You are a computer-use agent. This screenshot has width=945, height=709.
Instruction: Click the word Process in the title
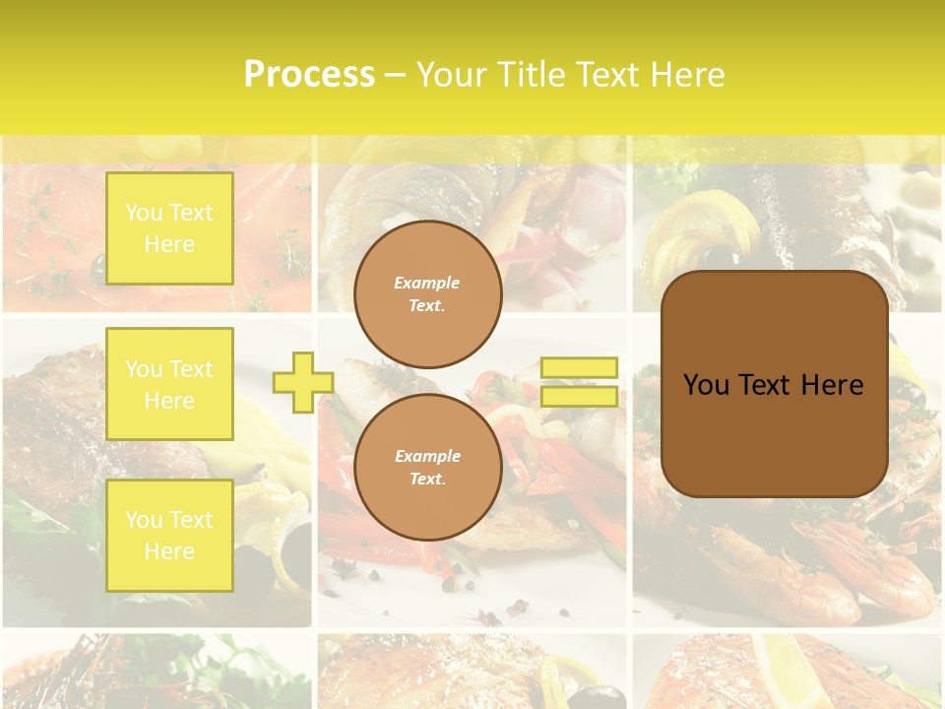[x=309, y=75]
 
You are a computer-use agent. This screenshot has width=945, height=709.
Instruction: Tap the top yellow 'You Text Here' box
[x=169, y=228]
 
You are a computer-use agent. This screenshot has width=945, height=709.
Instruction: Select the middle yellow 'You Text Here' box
[x=169, y=384]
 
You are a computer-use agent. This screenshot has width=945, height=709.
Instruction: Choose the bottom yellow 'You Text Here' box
[x=169, y=536]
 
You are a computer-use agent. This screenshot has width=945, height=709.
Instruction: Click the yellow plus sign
[x=302, y=382]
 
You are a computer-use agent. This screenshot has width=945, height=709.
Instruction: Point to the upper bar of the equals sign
[x=579, y=368]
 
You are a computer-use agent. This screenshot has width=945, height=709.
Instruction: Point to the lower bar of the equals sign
[x=579, y=396]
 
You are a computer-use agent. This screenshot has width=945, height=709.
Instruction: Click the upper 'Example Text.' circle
[x=427, y=294]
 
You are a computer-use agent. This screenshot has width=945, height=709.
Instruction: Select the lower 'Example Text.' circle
[x=427, y=468]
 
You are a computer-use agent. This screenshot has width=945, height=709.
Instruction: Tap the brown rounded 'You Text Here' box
[x=774, y=384]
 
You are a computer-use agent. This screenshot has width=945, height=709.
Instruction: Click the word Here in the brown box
[x=832, y=385]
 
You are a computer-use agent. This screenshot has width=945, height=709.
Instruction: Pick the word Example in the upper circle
[x=427, y=283]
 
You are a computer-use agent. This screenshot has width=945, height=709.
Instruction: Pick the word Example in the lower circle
[x=427, y=456]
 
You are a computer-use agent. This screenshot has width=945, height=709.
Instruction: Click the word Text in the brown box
[x=768, y=385]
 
